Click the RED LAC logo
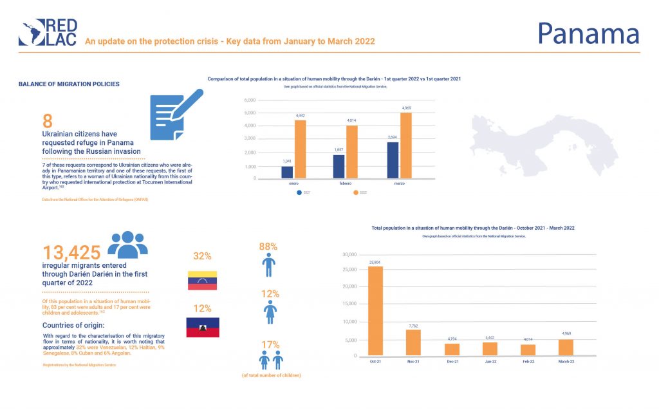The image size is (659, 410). [49, 32]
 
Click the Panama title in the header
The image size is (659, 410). [588, 33]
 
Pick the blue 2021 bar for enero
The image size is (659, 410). [287, 172]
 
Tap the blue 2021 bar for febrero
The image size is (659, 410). [339, 166]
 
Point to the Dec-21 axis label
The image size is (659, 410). [453, 362]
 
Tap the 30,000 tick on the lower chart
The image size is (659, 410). [348, 255]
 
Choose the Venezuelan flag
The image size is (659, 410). [202, 281]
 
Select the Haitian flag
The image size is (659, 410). [202, 327]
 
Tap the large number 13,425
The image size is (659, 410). [72, 252]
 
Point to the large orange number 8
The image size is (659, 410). [48, 120]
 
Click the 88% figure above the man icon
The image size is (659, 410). [268, 247]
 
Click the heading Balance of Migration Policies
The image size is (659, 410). [69, 84]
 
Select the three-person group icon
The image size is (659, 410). [127, 244]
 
